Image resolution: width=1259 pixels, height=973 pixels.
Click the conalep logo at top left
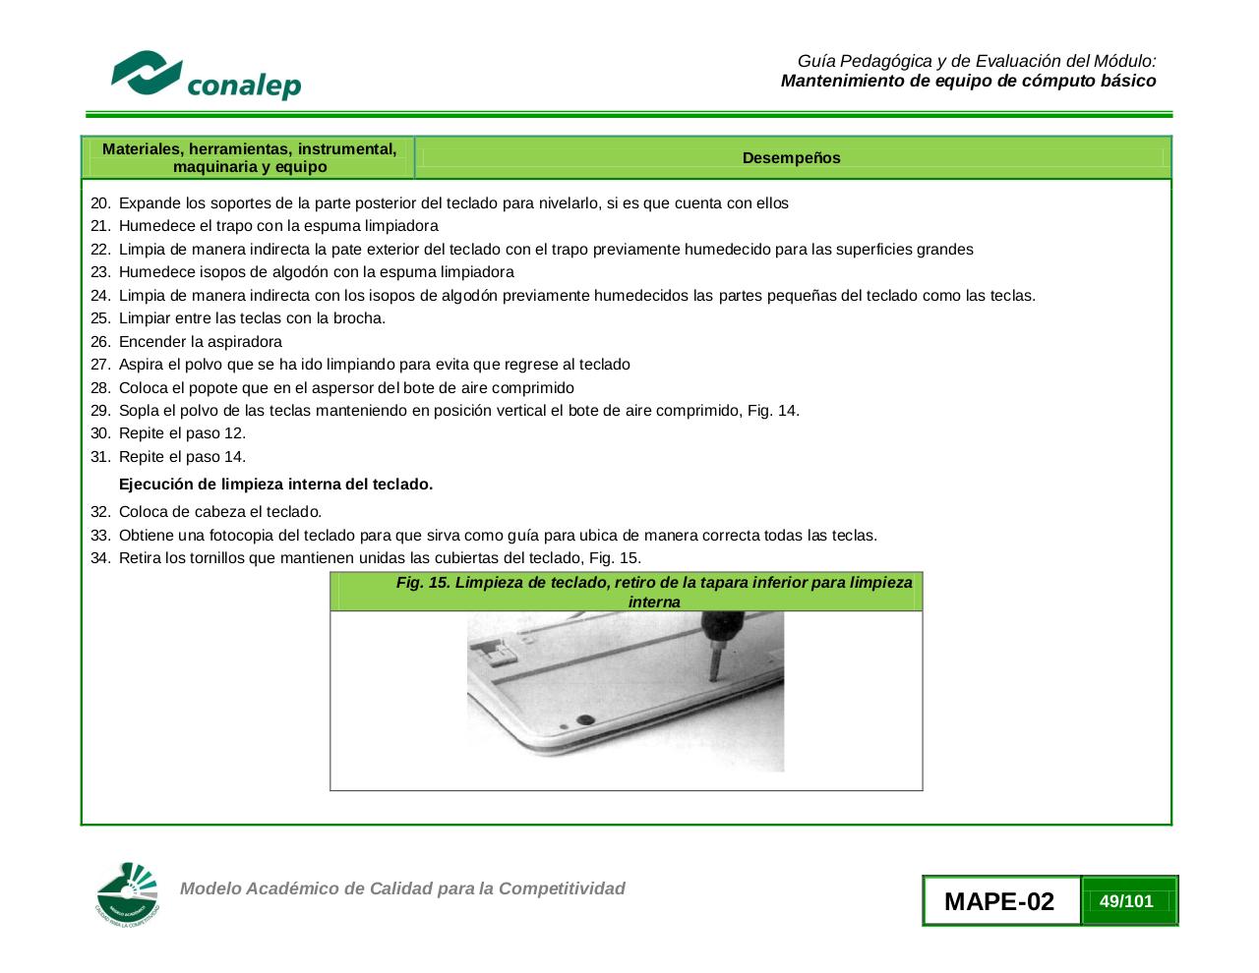tap(206, 76)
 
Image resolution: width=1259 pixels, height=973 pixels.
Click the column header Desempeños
tap(791, 158)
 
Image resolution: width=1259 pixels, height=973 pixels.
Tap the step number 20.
tap(100, 203)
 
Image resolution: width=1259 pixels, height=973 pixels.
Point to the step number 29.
tap(100, 411)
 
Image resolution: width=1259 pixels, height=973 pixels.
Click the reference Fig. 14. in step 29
tap(773, 411)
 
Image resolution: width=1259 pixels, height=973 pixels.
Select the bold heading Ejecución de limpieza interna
tap(275, 485)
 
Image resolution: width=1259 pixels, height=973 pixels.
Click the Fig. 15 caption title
tap(653, 592)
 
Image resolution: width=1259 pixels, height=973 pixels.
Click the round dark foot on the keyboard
tap(585, 720)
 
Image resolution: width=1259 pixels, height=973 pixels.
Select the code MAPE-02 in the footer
tap(998, 901)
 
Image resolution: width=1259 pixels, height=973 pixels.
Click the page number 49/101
tap(1126, 901)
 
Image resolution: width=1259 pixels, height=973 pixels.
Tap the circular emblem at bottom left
tap(128, 894)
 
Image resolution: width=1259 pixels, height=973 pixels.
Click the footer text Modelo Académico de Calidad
tap(402, 888)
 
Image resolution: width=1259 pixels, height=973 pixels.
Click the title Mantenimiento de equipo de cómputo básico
tap(968, 81)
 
